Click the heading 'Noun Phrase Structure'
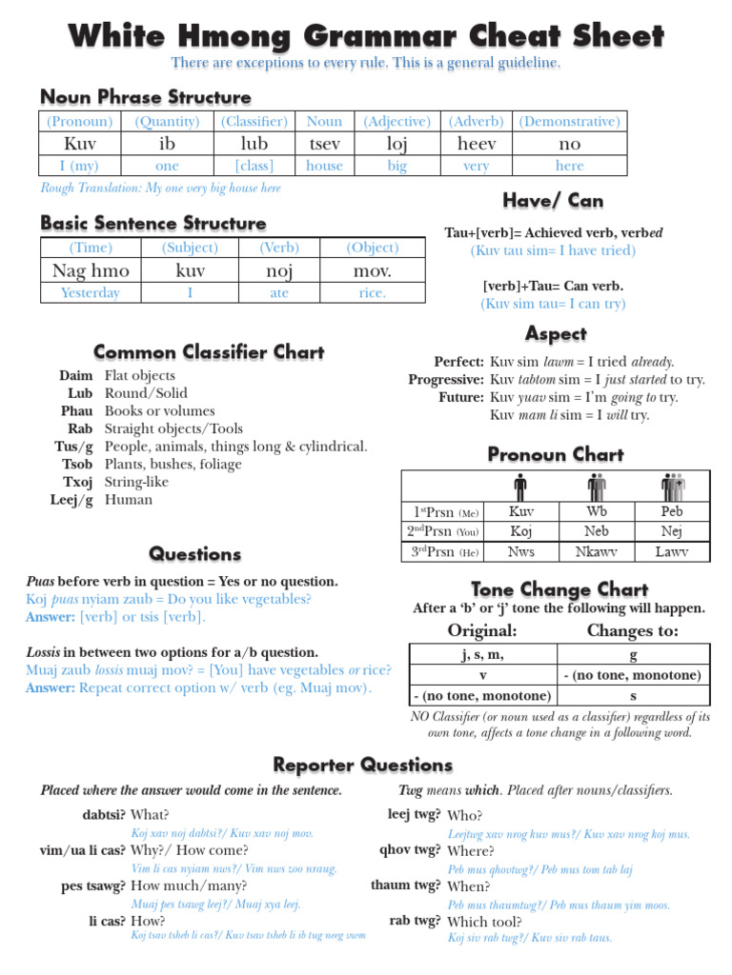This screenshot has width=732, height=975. pos(146,97)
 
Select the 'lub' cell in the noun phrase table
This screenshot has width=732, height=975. pos(254,144)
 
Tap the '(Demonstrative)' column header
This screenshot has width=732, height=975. pos(569,121)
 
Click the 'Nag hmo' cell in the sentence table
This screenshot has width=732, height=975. pos(91,270)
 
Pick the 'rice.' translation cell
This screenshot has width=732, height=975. pos(373,292)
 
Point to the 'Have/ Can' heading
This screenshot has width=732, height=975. pos(553,201)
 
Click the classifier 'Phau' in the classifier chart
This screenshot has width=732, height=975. pos(76,410)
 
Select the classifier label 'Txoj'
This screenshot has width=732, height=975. pos(76,482)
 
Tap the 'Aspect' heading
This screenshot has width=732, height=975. pos(556,334)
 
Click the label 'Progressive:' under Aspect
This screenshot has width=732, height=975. pos(446,379)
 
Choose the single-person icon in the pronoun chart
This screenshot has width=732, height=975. pos(520,487)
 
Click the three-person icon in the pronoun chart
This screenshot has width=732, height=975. pos(673,487)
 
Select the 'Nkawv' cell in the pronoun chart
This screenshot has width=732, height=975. pos(597,551)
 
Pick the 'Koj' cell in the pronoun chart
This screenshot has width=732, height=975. pos(521,531)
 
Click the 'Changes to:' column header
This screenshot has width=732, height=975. pos(633,631)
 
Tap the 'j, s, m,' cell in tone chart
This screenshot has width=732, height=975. pos(481,655)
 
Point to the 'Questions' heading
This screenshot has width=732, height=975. pos(195,554)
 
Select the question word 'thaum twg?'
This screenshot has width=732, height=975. pos(406,885)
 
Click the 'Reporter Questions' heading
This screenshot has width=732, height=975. pos(363,765)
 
